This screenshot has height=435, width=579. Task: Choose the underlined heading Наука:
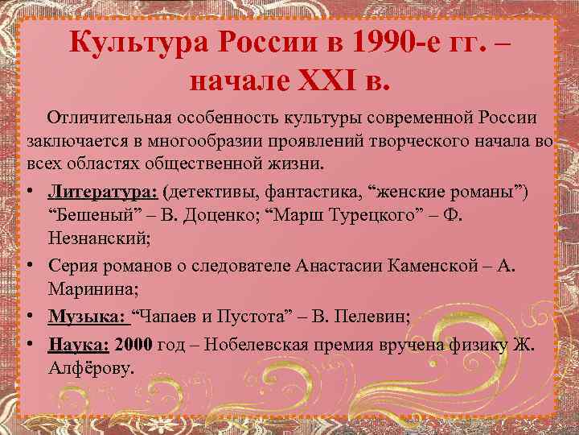pyautogui.click(x=79, y=344)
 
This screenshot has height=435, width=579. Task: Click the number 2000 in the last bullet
pyautogui.click(x=133, y=344)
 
